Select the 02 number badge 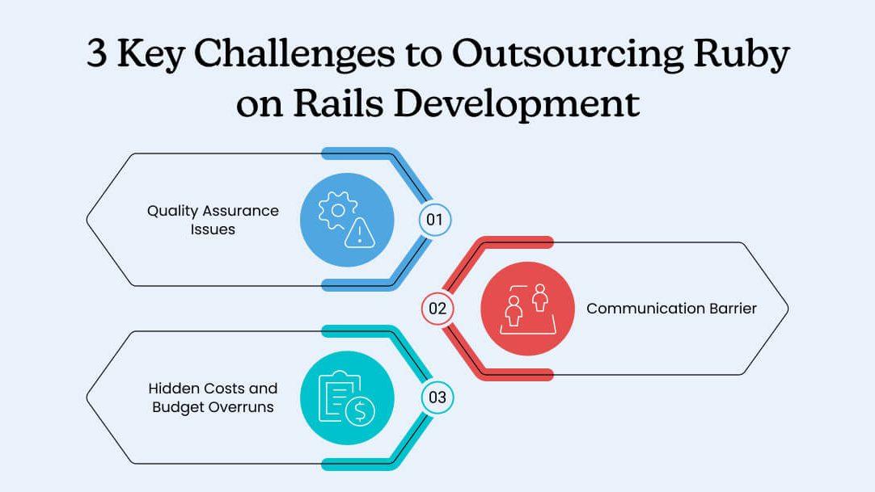437,309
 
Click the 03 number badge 437,397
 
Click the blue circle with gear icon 347,220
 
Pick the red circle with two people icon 527,309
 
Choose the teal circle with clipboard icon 347,397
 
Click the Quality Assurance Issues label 213,220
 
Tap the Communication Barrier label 671,309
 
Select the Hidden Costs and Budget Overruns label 214,397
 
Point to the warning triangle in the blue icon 359,234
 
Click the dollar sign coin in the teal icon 359,412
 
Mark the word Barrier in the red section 731,309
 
